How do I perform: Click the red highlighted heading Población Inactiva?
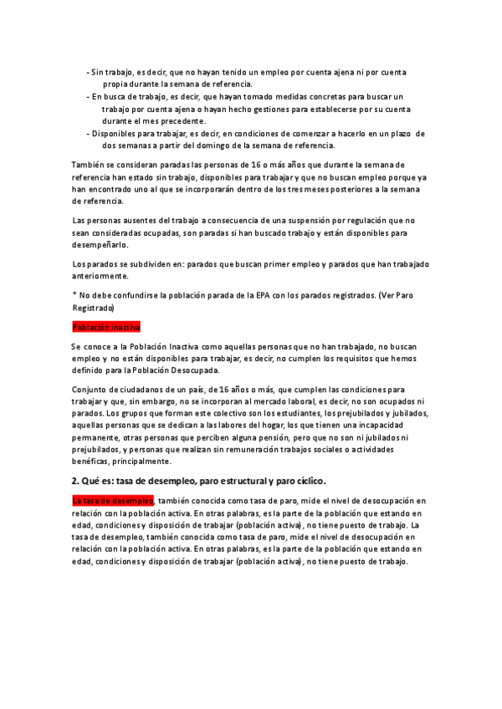pyautogui.click(x=106, y=327)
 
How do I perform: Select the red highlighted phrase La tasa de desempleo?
pyautogui.click(x=112, y=501)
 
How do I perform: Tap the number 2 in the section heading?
pyautogui.click(x=75, y=481)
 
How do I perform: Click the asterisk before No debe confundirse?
pyautogui.click(x=74, y=295)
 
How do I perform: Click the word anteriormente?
pyautogui.click(x=100, y=276)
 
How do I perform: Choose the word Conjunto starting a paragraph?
pyautogui.click(x=90, y=390)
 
